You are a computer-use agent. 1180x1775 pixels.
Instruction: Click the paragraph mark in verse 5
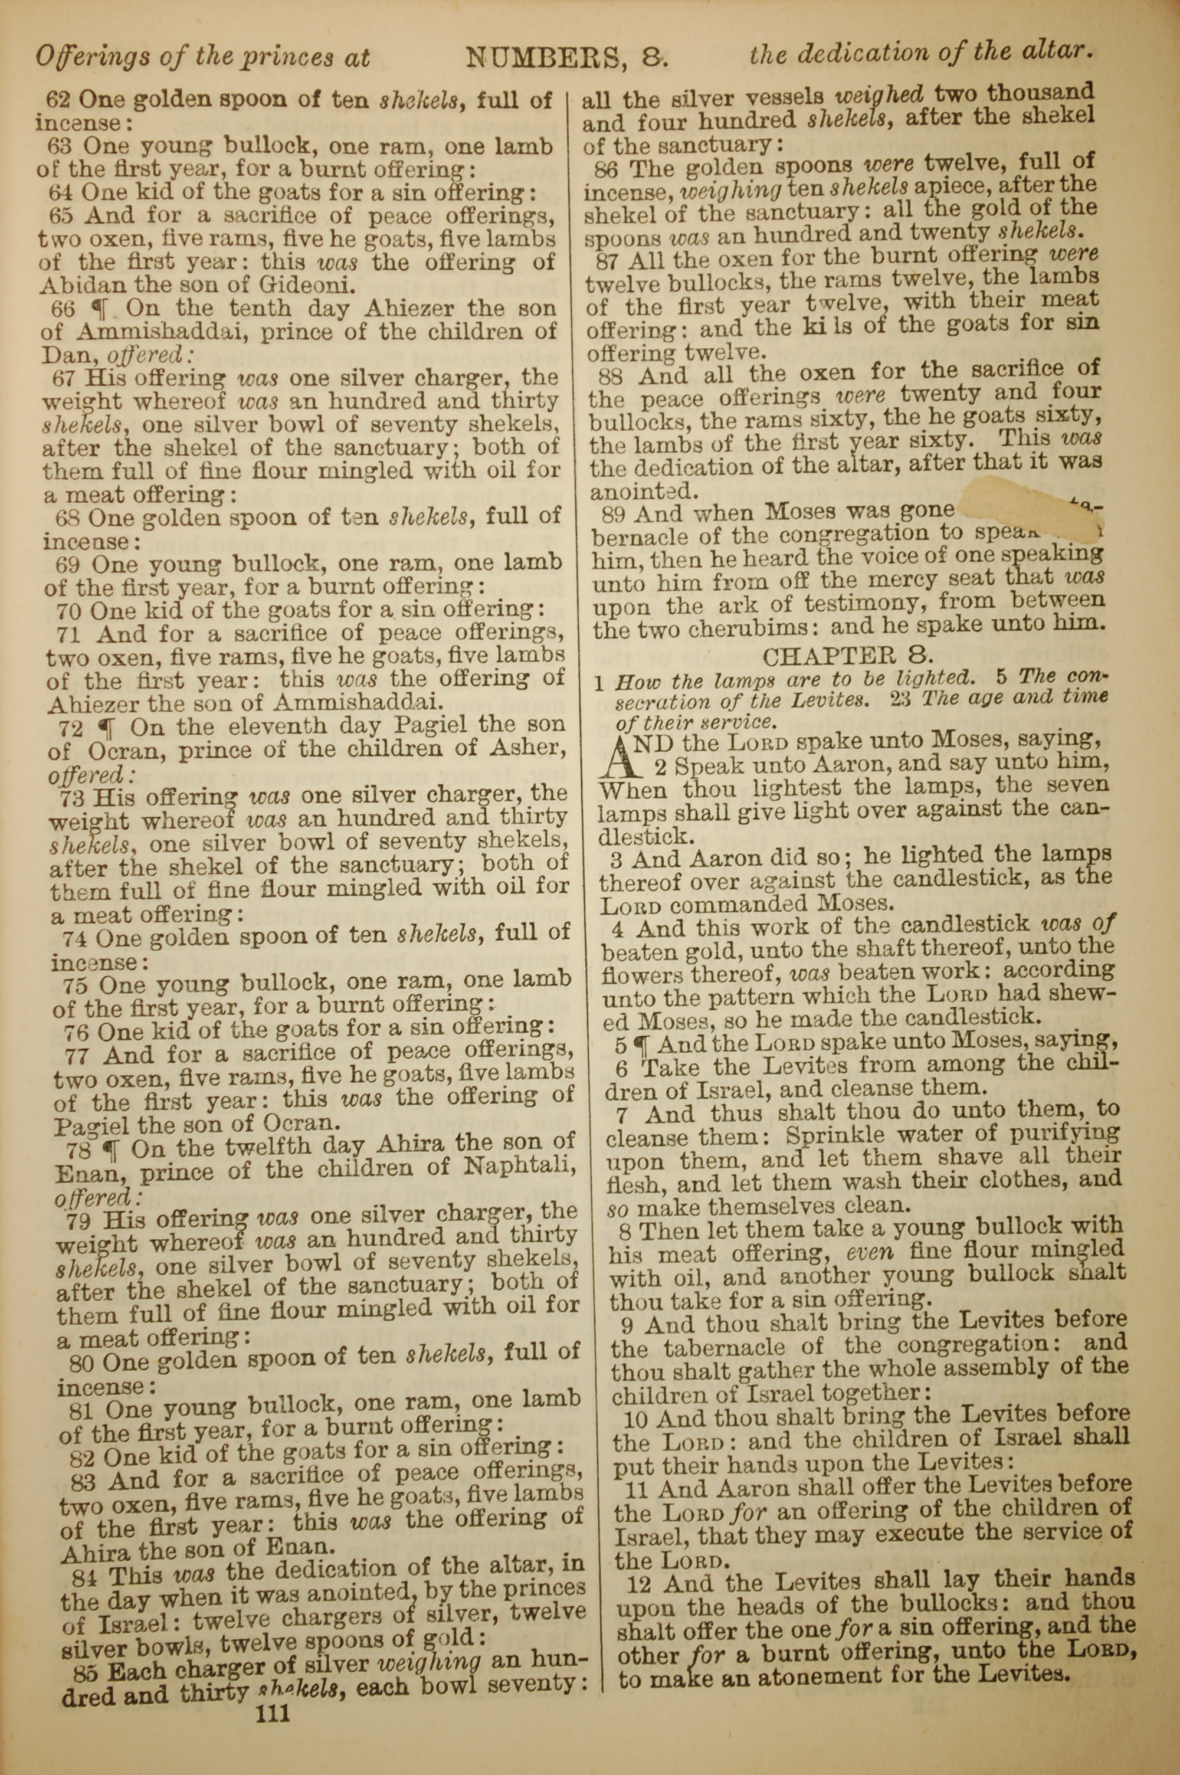click(641, 1044)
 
